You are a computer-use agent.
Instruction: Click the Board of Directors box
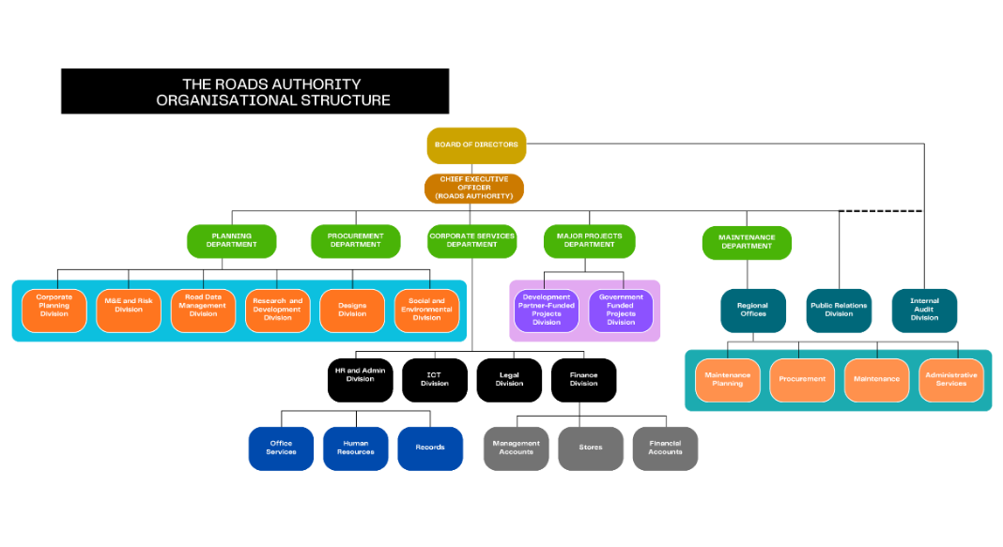click(x=475, y=145)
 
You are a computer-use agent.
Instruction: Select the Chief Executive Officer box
click(x=475, y=188)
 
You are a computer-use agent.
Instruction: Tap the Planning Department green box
click(x=232, y=240)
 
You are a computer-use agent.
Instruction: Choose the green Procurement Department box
click(x=355, y=240)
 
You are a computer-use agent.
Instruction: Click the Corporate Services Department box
click(x=471, y=240)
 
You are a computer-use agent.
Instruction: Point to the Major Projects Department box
click(x=589, y=240)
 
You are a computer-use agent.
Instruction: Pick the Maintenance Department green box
click(x=747, y=242)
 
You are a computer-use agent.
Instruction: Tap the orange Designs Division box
click(x=352, y=310)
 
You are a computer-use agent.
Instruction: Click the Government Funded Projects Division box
click(x=621, y=310)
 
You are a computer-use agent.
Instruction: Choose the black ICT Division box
click(x=435, y=379)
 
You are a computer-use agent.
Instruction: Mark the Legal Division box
click(x=509, y=379)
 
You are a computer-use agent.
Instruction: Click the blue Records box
click(x=430, y=448)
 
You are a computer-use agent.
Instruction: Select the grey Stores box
click(x=591, y=448)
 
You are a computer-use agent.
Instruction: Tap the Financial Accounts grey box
click(x=665, y=448)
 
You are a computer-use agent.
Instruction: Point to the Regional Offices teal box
click(x=752, y=310)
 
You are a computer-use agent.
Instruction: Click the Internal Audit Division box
click(x=924, y=310)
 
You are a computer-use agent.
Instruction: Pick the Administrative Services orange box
click(x=951, y=379)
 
